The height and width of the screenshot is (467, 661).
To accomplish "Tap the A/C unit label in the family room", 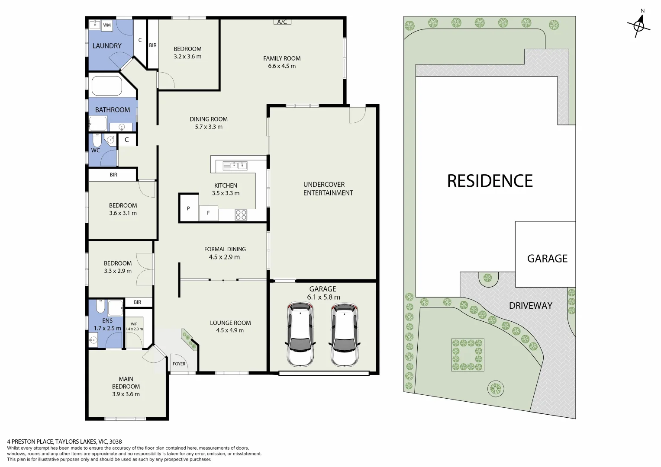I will point(282,22).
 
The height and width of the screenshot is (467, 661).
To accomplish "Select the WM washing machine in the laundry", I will point(107,25).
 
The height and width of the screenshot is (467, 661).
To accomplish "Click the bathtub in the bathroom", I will point(106,86).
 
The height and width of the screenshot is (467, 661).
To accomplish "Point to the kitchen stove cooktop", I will point(241,214).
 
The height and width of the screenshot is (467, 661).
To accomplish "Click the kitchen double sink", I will point(235,165).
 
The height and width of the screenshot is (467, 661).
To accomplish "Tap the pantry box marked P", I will point(188,208).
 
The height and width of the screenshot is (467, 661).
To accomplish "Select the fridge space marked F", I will point(208,213).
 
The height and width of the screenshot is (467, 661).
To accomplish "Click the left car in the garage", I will point(300,333).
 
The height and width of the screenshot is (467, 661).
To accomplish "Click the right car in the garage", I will point(344,333).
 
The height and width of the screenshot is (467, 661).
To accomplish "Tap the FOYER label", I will point(179,364).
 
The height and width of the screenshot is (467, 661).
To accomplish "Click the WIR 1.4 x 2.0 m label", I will point(134,326).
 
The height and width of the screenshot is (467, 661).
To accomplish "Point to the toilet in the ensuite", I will point(100,307).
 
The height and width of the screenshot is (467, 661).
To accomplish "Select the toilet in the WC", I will point(97,141).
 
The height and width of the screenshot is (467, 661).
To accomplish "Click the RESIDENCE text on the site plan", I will point(490,181).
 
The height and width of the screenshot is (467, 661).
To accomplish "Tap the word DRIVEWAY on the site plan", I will point(530,305).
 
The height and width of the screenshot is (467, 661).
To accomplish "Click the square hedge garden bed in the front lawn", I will point(467,355).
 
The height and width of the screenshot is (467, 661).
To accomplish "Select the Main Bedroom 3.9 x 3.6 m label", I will point(126,387).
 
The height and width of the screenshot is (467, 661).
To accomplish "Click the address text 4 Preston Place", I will point(64,441).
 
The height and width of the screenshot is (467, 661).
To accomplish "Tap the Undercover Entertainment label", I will point(328,189).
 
